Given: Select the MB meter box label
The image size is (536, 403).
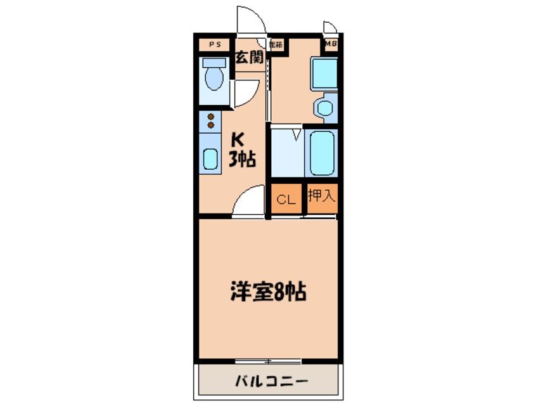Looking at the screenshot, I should (x=330, y=44).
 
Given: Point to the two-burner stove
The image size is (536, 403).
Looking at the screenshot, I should (x=210, y=121).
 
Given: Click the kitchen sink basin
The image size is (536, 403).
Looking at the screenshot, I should (x=210, y=158).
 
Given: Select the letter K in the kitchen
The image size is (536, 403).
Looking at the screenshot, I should (x=239, y=138).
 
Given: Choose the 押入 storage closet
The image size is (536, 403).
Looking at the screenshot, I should (x=321, y=196).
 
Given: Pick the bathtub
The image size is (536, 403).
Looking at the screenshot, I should (x=321, y=153).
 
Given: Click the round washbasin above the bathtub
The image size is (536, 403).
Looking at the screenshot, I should (x=326, y=107).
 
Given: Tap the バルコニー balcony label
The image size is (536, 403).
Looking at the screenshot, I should (x=270, y=381).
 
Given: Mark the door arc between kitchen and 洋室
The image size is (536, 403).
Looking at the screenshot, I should (x=248, y=201).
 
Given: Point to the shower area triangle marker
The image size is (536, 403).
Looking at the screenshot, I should (x=297, y=134).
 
